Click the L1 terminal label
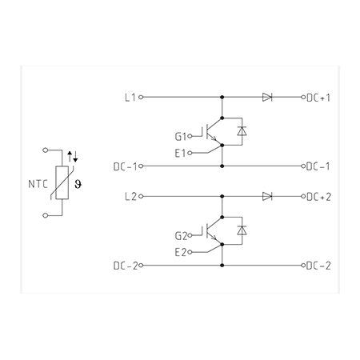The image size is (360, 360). (x=130, y=98)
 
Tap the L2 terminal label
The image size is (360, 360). (x=130, y=197)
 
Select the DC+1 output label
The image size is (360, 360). (x=318, y=98)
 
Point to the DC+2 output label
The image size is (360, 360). (x=319, y=197)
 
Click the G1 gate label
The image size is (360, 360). (x=181, y=137)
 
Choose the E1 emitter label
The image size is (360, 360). (x=180, y=154)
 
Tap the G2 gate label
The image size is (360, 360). (x=182, y=236)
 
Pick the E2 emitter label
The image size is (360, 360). (x=181, y=252)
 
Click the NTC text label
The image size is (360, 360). (x=38, y=184)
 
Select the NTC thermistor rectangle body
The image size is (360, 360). (x=62, y=182)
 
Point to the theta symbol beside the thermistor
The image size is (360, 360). (x=78, y=184)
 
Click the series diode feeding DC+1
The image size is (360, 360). (x=267, y=97)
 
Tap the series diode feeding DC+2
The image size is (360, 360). (x=267, y=196)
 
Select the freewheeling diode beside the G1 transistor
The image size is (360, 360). (x=242, y=131)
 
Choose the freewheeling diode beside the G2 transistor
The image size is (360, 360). (x=242, y=230)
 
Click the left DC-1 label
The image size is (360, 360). (x=125, y=166)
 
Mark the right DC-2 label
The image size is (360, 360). (x=318, y=266)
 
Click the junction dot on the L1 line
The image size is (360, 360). (x=222, y=97)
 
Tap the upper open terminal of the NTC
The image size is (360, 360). (x=46, y=150)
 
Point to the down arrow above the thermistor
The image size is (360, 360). (x=75, y=157)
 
